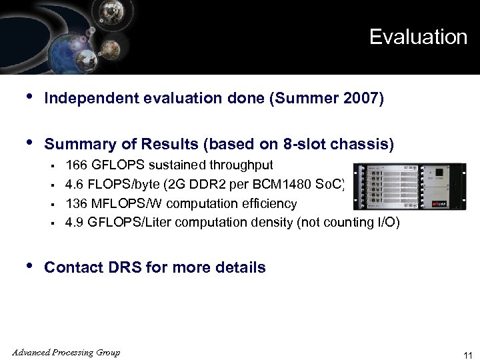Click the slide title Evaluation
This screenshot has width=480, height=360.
[418, 37]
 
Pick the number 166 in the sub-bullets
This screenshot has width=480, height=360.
[75, 165]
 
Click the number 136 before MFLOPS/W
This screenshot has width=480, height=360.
[75, 203]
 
